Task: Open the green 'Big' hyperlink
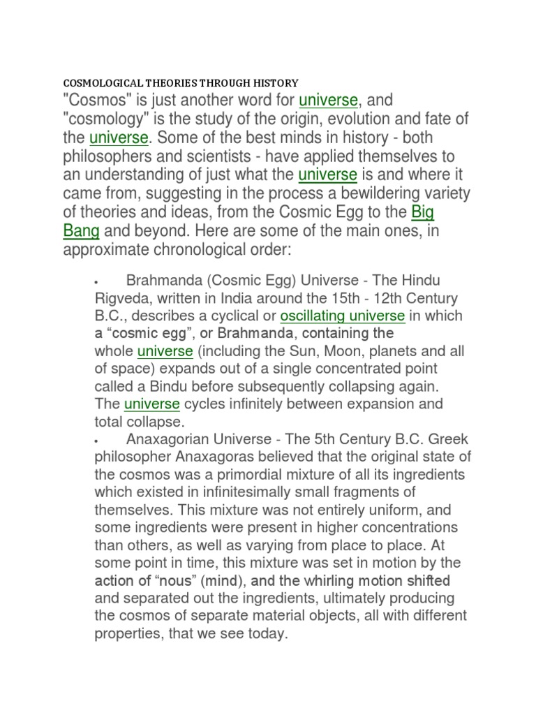pyautogui.click(x=424, y=211)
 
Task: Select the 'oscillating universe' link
pyautogui.click(x=342, y=316)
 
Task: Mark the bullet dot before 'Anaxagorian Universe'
pyautogui.click(x=96, y=441)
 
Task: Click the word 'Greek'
pyautogui.click(x=437, y=439)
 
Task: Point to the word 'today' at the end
pyautogui.click(x=268, y=634)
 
